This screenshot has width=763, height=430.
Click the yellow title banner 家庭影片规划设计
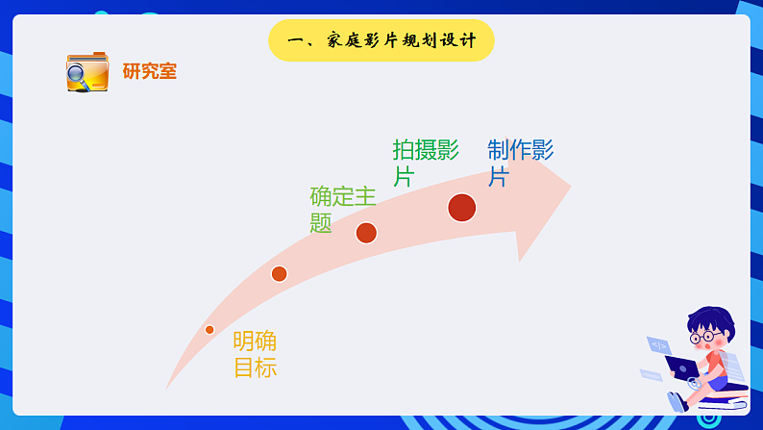tap(381, 40)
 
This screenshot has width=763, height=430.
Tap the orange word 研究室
tap(150, 71)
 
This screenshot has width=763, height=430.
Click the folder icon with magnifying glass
tap(87, 72)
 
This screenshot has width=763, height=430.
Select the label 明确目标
tap(255, 354)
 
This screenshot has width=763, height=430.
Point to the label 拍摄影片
tap(425, 163)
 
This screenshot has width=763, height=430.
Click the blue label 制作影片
tap(520, 163)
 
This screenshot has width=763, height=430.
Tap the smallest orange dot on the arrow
tap(209, 330)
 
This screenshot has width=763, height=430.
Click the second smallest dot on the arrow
tap(279, 274)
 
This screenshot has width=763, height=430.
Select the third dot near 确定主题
tap(366, 233)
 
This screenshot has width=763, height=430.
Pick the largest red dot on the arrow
tap(462, 207)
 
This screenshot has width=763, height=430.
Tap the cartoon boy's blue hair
tap(709, 319)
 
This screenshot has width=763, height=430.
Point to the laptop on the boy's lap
tap(682, 367)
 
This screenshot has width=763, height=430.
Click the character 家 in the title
tap(336, 41)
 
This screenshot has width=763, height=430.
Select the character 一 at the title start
tap(295, 41)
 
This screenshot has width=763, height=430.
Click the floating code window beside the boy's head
tap(659, 344)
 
